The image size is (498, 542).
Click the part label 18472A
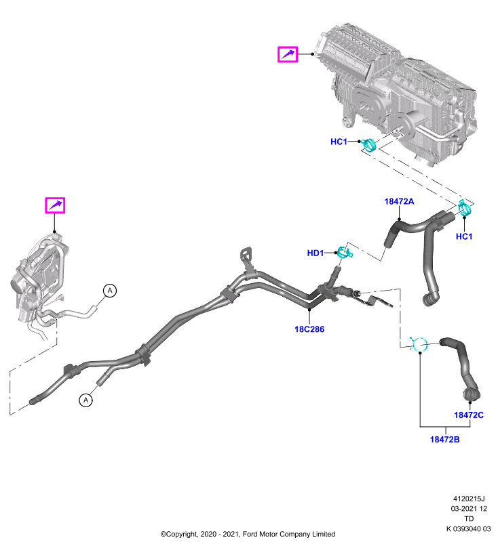(x=399, y=201)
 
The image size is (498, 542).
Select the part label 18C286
(x=309, y=329)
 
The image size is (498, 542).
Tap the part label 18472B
(x=444, y=440)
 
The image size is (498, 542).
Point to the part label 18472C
(x=469, y=415)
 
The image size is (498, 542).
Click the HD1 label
(x=315, y=253)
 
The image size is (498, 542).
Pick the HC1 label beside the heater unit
(x=339, y=142)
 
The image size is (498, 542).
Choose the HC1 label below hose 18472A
(x=464, y=236)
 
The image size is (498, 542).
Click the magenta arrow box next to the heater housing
(x=288, y=54)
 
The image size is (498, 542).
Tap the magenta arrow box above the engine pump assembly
(x=55, y=205)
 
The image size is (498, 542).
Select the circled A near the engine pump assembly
(x=110, y=291)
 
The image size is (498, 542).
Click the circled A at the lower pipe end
(x=85, y=400)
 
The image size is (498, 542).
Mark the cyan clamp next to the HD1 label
(x=345, y=253)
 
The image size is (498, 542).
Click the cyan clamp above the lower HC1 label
(x=465, y=209)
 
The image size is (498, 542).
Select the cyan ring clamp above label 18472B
(x=419, y=345)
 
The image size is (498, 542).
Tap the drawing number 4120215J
(x=469, y=499)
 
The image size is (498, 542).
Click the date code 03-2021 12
(x=469, y=509)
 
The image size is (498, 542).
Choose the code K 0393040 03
(x=469, y=529)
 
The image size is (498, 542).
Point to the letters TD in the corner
(x=469, y=519)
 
